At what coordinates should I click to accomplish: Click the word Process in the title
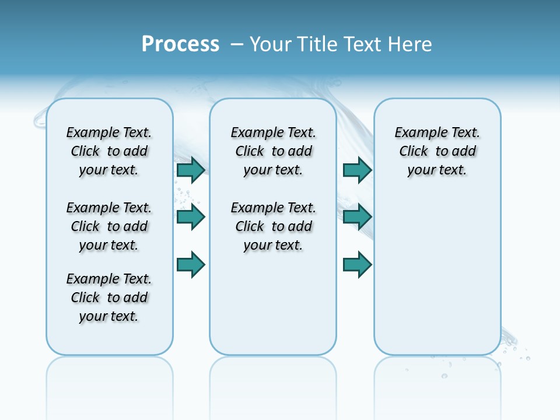coord(180,44)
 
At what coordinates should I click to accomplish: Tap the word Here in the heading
coord(409,44)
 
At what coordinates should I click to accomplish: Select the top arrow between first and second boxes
coord(191,170)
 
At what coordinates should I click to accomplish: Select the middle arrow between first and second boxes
coord(191,218)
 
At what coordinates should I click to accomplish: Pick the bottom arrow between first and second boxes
coord(191,265)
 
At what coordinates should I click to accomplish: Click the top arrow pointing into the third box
coord(357,170)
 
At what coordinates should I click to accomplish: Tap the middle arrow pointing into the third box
coord(357,218)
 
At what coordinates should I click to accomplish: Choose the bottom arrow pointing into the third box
coord(357,265)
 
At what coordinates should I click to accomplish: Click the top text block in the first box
coord(109,151)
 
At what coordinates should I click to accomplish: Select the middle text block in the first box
coord(109,226)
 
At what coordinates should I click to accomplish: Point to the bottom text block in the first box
coord(109,297)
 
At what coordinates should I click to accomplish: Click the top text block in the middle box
coord(274,151)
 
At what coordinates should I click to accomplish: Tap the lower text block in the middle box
coord(274,226)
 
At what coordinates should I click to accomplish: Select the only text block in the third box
coord(437,151)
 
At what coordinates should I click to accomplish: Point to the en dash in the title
coord(237,44)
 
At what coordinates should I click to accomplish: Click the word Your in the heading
coord(271,44)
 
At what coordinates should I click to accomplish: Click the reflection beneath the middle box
coord(273,379)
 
